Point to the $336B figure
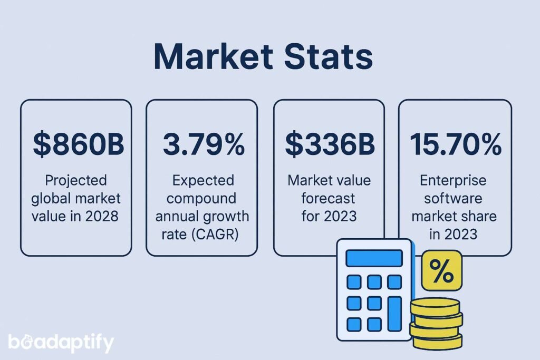(x=330, y=144)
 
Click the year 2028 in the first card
(x=101, y=216)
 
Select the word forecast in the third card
(x=329, y=198)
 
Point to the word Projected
(x=76, y=181)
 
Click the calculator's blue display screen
(x=374, y=258)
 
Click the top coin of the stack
(x=436, y=305)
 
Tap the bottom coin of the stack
(x=437, y=341)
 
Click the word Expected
(x=203, y=181)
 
